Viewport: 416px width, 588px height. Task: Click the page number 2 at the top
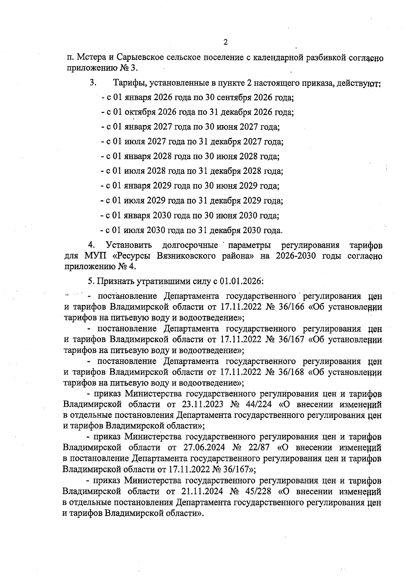(x=225, y=43)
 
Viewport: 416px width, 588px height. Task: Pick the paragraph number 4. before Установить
(x=92, y=245)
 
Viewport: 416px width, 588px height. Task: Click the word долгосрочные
(x=190, y=245)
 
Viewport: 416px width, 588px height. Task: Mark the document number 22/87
(x=254, y=448)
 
